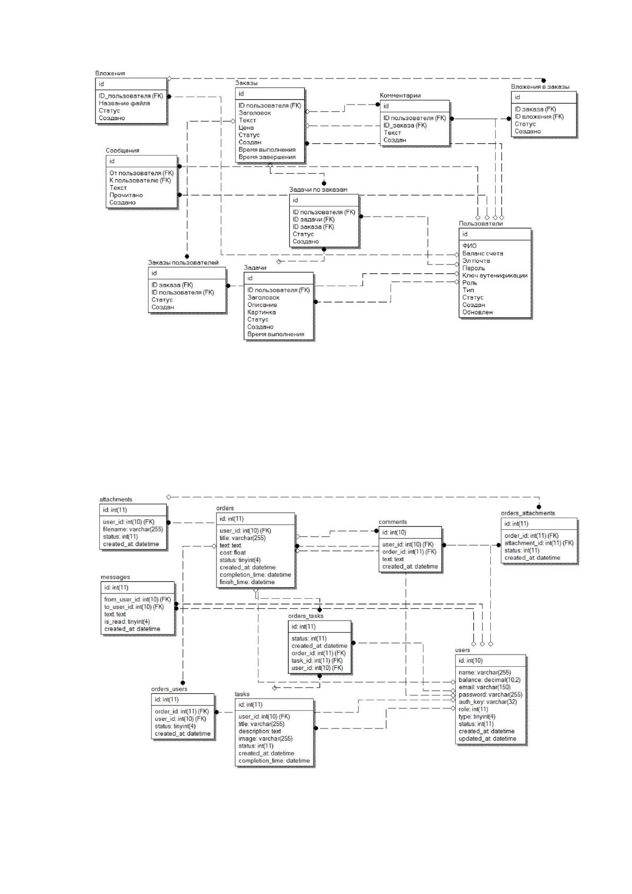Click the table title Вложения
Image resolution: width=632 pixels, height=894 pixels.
coord(110,73)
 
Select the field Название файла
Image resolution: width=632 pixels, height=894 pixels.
coord(125,104)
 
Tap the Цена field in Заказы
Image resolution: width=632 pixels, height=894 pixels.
coord(246,128)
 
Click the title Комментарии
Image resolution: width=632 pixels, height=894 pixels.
coord(400,96)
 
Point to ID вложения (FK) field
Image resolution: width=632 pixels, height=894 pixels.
coord(539,117)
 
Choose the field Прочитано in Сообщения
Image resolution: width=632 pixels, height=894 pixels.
coord(126,195)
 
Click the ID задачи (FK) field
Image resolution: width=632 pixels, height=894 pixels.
coord(314,219)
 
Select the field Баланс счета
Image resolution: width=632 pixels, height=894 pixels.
coord(483,253)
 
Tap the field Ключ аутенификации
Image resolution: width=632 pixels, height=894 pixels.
coord(495,276)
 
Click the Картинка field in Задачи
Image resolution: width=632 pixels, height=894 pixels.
coord(261,312)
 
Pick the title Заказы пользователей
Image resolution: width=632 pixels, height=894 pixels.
coord(183,263)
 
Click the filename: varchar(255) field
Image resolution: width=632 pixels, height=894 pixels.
coord(133,529)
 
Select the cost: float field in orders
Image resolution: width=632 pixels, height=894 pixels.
coord(232,553)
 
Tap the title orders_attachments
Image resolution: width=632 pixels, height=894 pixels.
coord(528,513)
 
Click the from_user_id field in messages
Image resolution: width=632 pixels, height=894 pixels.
coord(137,599)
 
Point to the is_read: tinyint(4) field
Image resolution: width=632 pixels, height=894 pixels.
coord(127,622)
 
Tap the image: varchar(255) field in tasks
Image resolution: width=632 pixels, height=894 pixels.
coord(265,738)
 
